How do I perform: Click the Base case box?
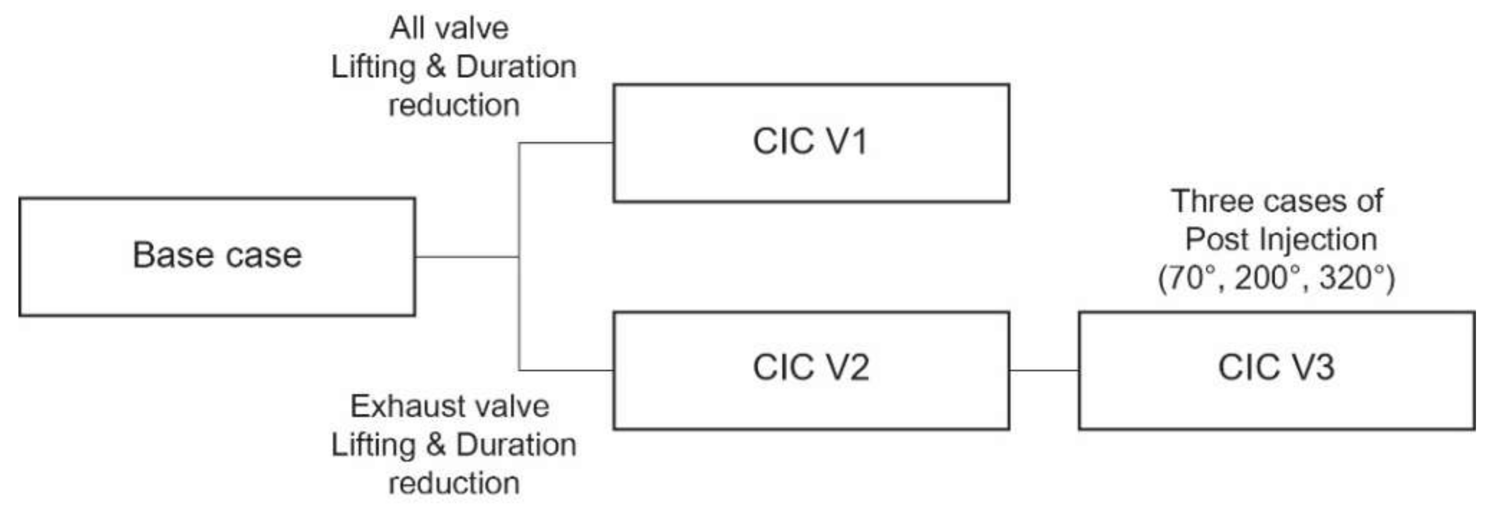point(217,257)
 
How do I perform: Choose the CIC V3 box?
point(1276,370)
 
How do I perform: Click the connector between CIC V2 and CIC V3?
point(1043,370)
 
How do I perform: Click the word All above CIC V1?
point(407,28)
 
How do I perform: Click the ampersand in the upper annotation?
point(436,67)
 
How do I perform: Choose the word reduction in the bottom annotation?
point(454,483)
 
